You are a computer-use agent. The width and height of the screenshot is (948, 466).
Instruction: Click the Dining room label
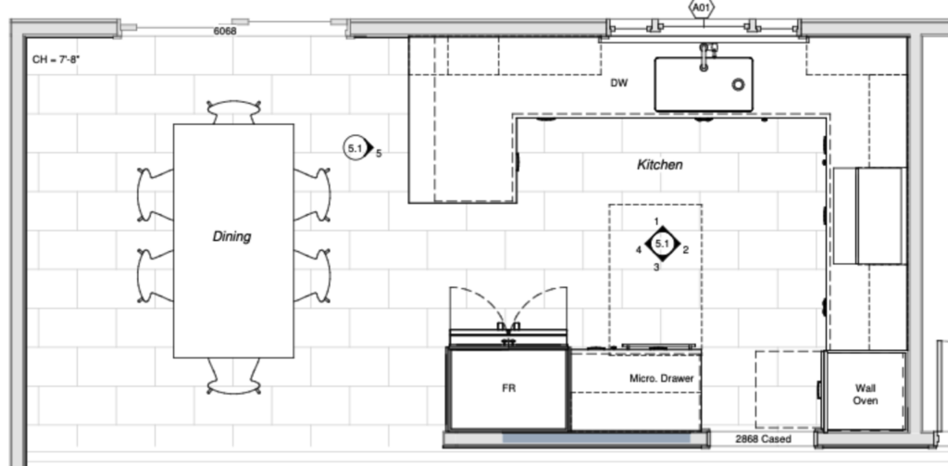(231, 236)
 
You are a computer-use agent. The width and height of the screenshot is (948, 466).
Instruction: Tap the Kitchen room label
(660, 165)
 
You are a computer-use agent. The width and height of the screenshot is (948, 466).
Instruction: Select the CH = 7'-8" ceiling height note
(56, 60)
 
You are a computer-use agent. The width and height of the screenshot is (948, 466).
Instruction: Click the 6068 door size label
(225, 31)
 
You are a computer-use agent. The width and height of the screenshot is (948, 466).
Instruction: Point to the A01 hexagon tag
(702, 7)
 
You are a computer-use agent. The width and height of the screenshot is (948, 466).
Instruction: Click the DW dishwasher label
(619, 83)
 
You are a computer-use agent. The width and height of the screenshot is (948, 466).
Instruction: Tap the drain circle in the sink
(738, 84)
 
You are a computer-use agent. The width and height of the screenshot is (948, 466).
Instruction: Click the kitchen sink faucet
(705, 56)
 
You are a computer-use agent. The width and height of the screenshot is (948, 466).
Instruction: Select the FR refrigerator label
(509, 388)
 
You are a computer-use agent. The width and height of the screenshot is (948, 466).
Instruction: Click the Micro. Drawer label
(661, 378)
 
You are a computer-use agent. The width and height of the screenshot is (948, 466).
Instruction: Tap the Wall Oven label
(866, 395)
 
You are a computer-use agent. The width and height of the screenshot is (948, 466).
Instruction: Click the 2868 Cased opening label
(763, 439)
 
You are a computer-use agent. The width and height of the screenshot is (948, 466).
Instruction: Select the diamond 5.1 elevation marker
(663, 244)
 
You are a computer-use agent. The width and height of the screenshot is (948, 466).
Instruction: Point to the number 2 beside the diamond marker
(686, 250)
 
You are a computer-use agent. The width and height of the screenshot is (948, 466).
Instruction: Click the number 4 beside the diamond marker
(639, 250)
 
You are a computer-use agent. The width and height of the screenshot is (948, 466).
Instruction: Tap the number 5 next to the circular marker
(379, 154)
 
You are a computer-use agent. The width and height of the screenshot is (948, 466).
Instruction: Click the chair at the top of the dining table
(234, 112)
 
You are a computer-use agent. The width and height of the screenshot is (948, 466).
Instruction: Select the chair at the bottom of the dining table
(234, 376)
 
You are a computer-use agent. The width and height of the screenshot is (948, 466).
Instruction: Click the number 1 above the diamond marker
(656, 222)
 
